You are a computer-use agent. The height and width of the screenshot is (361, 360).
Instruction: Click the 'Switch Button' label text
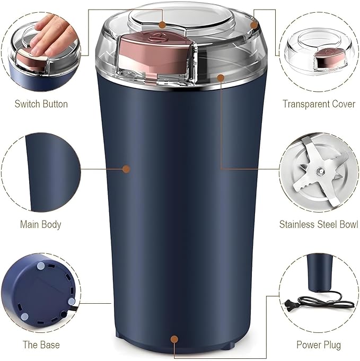(x=41, y=104)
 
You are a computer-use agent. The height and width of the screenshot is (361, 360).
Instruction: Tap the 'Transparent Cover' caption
(x=319, y=104)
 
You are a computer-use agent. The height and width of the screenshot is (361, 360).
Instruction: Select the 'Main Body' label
(x=41, y=224)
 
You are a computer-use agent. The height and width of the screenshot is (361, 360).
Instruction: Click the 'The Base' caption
(x=41, y=345)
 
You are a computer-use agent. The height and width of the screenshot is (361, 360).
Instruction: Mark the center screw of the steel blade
(x=320, y=171)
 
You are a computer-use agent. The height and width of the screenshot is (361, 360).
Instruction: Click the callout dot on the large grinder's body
(x=126, y=169)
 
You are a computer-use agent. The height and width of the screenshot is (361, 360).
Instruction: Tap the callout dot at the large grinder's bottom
(x=174, y=337)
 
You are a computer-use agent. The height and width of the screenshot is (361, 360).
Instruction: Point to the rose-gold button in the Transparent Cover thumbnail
(x=328, y=58)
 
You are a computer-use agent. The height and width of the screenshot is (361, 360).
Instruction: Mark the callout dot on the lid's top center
(x=163, y=24)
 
